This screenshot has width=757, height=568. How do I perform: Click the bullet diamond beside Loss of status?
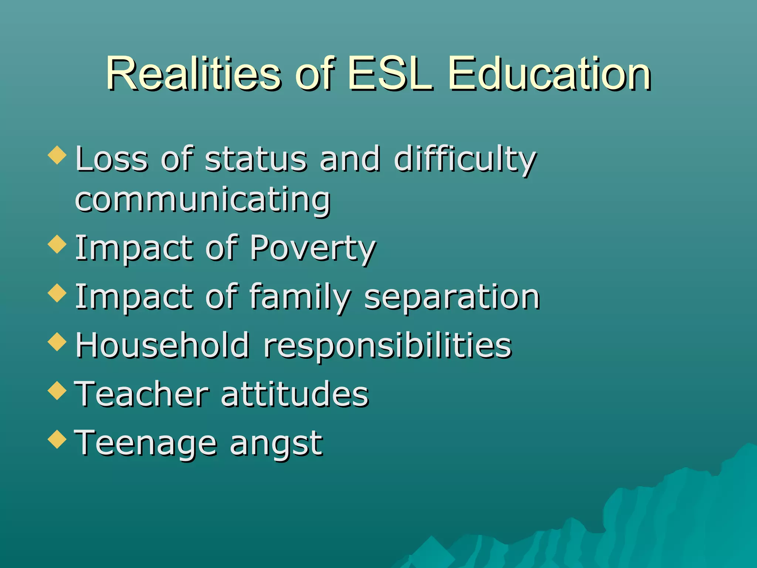tap(57, 155)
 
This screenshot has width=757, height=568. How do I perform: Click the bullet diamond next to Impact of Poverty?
tap(57, 244)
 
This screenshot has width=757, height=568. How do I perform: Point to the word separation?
tap(452, 297)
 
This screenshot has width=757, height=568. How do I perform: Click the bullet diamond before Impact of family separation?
tap(57, 293)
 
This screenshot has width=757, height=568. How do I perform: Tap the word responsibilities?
tap(387, 345)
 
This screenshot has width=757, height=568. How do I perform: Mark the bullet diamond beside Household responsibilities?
tap(57, 341)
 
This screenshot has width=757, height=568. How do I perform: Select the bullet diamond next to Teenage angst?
tap(57, 439)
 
